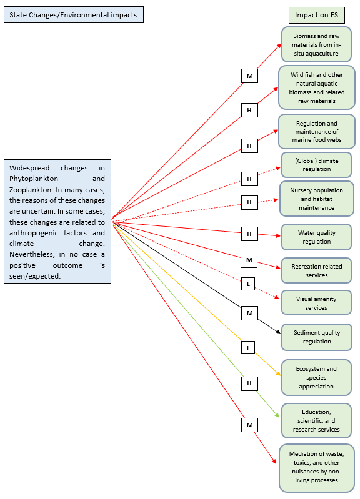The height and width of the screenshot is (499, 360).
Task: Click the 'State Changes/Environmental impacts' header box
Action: point(74,15)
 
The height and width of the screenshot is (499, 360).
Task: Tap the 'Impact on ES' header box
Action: point(317,15)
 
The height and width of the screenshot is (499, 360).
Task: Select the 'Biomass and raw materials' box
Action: point(316,44)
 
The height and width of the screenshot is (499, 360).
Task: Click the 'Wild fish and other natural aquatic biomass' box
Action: point(317,87)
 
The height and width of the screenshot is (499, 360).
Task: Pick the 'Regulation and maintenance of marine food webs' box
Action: point(317,131)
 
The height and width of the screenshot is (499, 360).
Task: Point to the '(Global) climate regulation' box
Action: point(316,165)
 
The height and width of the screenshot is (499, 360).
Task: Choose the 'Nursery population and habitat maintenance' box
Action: point(317,199)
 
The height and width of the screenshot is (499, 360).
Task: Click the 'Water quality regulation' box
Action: point(316,237)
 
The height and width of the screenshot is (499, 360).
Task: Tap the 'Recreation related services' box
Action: point(316,270)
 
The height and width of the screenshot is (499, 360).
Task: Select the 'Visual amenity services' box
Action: point(316,303)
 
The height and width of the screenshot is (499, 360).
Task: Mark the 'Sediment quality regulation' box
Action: point(317,337)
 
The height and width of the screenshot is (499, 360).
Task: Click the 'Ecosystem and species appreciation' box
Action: point(316,377)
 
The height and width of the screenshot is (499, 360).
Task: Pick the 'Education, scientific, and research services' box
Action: point(316,421)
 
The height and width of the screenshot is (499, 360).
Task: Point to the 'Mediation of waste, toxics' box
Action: point(317,468)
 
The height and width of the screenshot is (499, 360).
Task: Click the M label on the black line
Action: point(249,313)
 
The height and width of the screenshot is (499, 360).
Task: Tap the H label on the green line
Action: point(249,383)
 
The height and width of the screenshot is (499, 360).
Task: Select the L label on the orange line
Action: point(248,348)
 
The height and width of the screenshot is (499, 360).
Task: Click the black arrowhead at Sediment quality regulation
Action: point(278,332)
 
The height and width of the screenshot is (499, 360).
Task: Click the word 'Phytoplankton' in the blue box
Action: point(34,179)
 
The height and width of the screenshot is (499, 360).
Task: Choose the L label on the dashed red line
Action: point(248,284)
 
